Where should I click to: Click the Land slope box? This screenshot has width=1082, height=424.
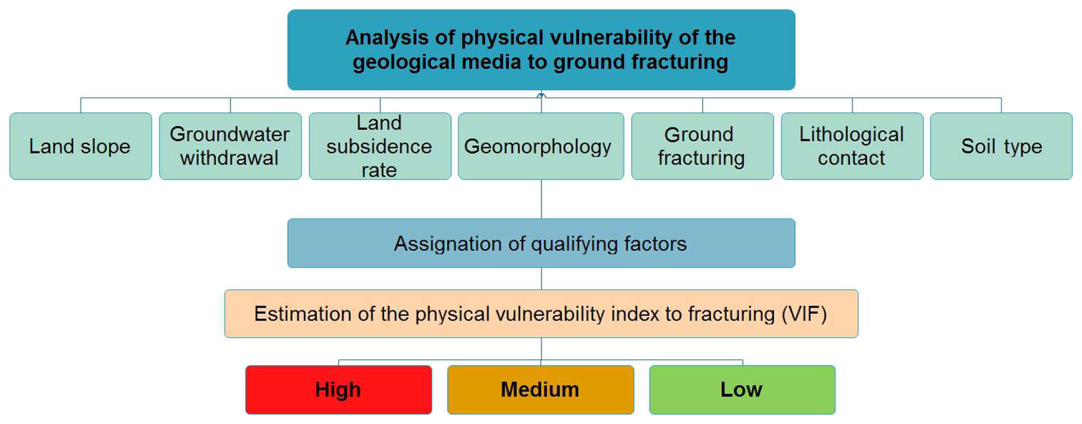click(81, 146)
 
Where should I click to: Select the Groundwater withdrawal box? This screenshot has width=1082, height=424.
click(230, 146)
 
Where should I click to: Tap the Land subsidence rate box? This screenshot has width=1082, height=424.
click(380, 146)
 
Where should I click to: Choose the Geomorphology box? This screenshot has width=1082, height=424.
click(541, 146)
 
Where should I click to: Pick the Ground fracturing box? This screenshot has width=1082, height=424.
click(702, 146)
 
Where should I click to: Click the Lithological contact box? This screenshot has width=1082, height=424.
click(852, 146)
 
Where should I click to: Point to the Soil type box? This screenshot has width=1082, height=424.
click(1001, 146)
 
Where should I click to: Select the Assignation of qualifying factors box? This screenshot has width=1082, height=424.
click(541, 243)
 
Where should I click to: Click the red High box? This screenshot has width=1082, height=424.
click(339, 390)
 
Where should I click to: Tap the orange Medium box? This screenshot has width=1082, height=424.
click(541, 390)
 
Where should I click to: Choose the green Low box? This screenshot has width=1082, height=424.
click(742, 390)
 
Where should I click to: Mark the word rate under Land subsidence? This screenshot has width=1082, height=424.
click(379, 170)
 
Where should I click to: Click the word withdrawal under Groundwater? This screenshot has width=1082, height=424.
click(229, 158)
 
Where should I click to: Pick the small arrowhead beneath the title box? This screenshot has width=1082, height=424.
click(541, 95)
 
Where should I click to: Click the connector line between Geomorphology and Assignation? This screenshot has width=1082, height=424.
click(541, 199)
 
